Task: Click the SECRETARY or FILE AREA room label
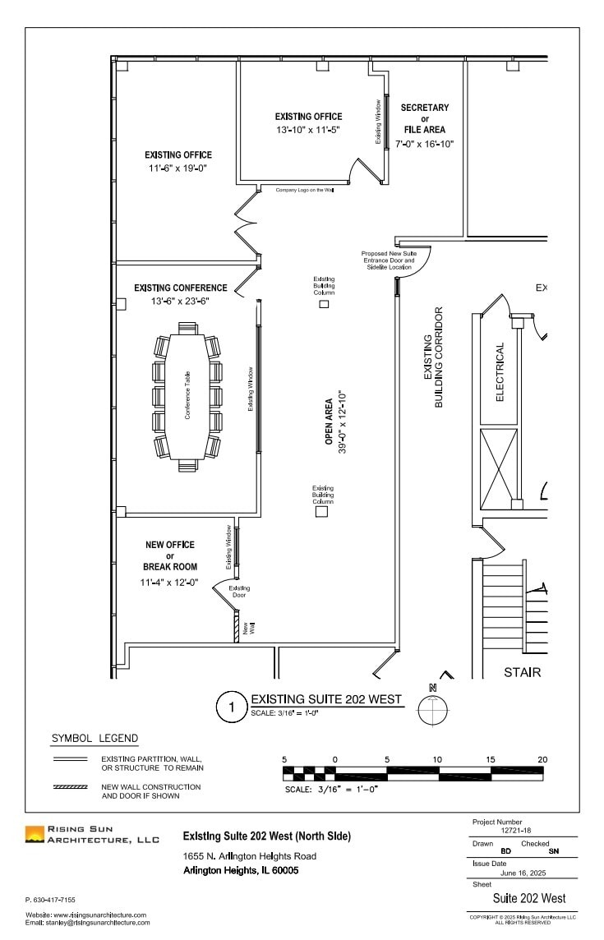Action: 424,118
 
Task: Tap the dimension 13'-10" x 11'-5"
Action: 308,130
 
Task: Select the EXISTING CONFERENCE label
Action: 180,288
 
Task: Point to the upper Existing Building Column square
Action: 324,304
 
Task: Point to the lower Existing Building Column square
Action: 322,512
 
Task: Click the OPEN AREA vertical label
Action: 329,422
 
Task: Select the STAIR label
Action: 522,672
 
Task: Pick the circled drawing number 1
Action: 232,706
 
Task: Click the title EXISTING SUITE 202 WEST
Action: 325,699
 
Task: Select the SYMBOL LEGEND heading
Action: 95,738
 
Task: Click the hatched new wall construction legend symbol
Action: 70,787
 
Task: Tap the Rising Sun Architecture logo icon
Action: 35,835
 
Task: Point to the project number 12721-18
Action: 517,831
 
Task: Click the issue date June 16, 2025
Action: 523,873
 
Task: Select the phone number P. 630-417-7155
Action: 50,900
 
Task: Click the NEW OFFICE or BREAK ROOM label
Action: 170,555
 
